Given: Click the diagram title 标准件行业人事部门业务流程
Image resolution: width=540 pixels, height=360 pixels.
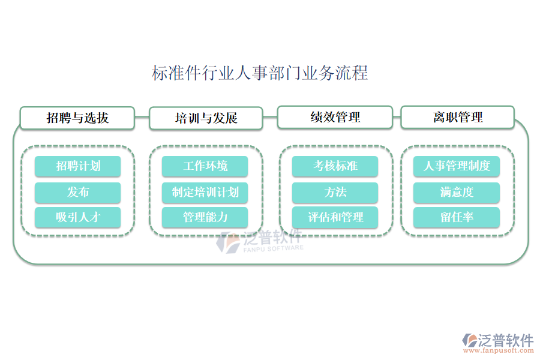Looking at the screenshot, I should coord(260,74).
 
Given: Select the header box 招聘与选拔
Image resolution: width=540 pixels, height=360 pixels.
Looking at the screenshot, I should coord(77,118).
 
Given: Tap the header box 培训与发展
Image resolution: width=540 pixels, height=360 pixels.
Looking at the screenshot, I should coord(206,118).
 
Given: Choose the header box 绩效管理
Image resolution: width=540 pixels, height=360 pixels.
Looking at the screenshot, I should coord(335,117).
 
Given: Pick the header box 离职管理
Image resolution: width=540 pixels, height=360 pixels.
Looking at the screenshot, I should coord(457,117).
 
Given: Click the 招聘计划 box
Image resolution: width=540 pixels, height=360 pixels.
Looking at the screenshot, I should coord(77,166).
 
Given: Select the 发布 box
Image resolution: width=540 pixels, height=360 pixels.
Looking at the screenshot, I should coord(77,193).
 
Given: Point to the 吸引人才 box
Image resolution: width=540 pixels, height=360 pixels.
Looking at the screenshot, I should coord(77,217).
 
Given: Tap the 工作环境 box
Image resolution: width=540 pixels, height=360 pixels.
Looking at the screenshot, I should coord(205,166).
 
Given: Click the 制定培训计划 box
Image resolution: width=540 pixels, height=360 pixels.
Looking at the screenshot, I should coord(205,193).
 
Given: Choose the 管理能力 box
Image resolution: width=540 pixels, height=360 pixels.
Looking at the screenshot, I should coord(205,217).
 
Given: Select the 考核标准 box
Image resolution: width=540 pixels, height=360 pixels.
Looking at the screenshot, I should coord(335,166).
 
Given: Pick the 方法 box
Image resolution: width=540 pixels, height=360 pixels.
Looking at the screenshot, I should coord(335,193).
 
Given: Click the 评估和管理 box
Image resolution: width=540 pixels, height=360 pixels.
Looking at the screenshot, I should coord(335,217).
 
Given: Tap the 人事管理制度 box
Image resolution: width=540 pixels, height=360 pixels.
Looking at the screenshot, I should coord(457,166).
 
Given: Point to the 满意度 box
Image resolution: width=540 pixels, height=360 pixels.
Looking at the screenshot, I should coord(457,193).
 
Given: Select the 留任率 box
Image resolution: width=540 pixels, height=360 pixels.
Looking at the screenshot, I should coord(457,217).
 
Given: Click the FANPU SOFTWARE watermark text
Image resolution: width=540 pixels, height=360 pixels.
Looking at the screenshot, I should coord(273,247).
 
